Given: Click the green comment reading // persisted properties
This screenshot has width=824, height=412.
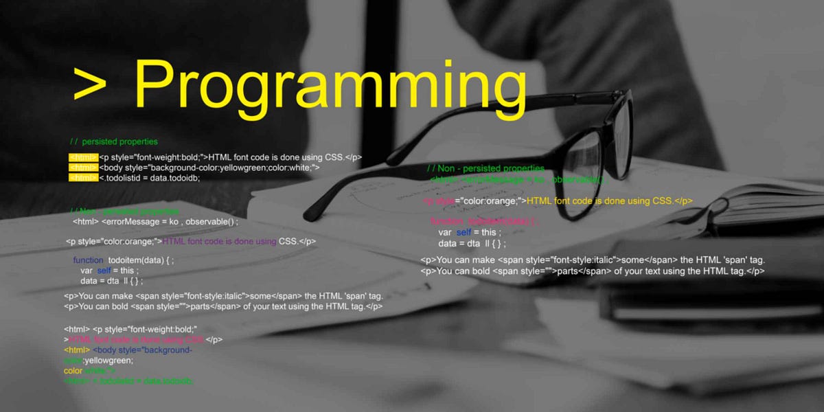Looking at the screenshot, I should point(114,142).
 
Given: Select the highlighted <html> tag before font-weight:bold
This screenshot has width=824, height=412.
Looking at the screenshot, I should point(83,157).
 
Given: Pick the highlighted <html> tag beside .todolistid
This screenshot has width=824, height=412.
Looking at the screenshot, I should point(83,178).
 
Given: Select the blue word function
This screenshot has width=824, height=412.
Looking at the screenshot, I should point(88,261).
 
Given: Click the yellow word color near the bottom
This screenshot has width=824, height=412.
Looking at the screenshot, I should point(73,371).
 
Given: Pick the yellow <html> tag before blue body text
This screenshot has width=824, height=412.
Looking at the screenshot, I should point(76,350).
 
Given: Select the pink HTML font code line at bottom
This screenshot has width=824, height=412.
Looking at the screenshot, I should point(137,340).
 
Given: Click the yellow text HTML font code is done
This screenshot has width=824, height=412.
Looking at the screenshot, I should point(598,201).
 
